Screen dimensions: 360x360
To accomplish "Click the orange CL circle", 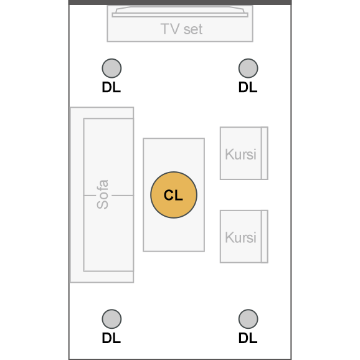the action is tap(174, 195).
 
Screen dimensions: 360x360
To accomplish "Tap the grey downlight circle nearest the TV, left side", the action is tap(111, 68).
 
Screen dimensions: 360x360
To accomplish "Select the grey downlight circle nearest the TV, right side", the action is tap(248, 68).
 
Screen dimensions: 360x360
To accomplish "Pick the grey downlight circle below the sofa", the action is tap(111, 319).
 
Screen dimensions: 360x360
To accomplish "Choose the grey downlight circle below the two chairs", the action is tap(248, 319).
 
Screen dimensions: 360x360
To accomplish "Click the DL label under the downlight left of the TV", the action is tap(111, 87).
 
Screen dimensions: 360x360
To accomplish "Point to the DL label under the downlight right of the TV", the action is tap(248, 87).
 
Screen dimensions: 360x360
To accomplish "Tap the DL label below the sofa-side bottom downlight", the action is tap(111, 338).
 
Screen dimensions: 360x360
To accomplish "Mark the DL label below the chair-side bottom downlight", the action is tap(248, 338).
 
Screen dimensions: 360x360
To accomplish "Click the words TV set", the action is tap(181, 29).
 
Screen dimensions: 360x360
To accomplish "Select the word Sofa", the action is tap(102, 194).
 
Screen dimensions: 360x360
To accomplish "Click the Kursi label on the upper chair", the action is tap(240, 154).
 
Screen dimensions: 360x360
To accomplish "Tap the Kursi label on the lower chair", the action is tap(240, 237).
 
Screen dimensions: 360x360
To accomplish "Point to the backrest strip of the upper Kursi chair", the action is tap(265, 153).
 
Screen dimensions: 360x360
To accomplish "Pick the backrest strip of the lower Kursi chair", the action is tap(265, 237).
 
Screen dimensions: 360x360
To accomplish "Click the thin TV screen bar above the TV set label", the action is tap(180, 15).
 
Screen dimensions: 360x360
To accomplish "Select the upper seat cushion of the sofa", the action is tap(108, 157).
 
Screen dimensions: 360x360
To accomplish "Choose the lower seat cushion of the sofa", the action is tap(108, 234).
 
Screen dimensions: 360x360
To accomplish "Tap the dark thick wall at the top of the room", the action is tap(180, 2).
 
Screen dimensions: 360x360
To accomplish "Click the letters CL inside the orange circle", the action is tap(173, 195).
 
